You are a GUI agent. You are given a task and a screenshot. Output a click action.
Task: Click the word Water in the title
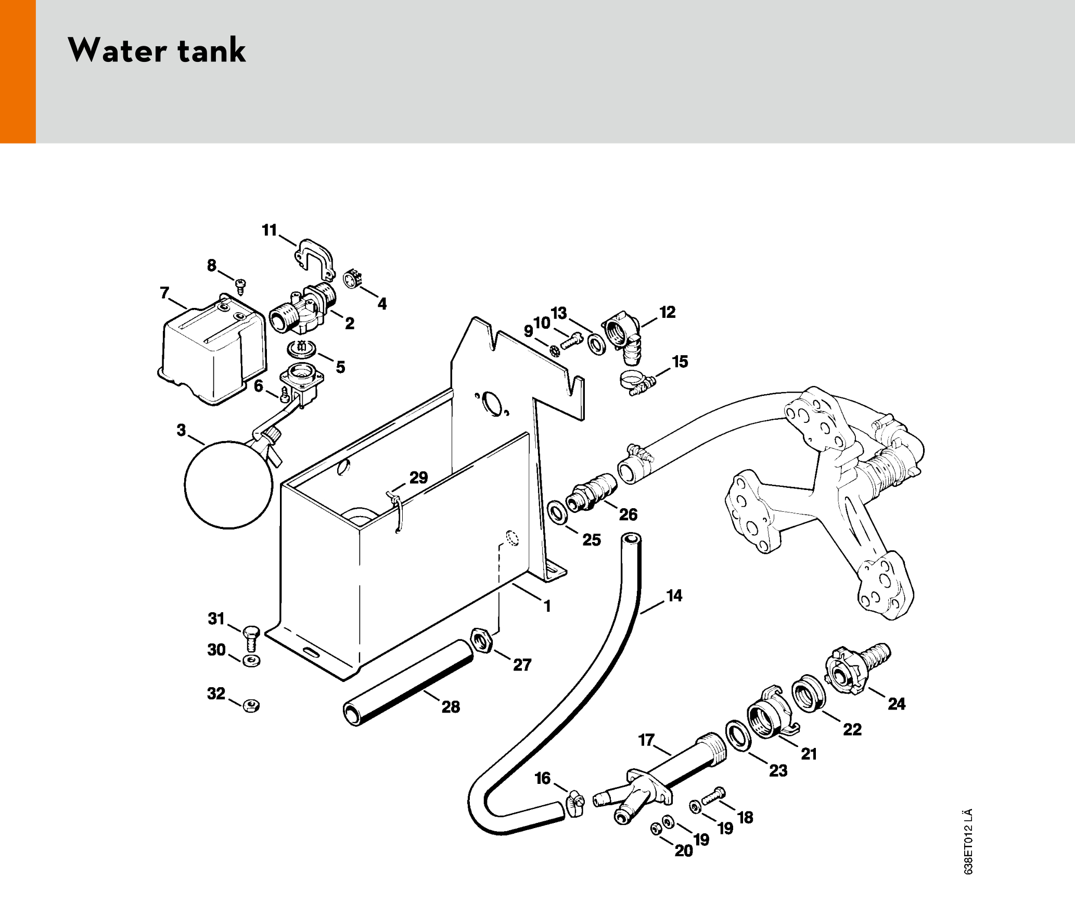point(117,50)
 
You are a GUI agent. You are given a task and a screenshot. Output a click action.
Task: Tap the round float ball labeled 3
point(228,485)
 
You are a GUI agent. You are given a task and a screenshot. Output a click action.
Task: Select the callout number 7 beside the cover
point(164,293)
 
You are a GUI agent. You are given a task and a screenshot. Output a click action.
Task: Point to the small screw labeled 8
point(240,285)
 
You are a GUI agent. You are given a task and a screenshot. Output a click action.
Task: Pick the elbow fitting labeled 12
point(621,336)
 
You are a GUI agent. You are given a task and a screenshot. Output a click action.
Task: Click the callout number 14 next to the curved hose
point(674,596)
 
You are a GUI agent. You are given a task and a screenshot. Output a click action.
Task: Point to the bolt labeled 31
point(251,638)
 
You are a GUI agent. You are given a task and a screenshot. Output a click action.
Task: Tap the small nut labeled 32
point(252,706)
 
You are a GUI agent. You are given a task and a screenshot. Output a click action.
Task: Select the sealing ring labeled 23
point(737,736)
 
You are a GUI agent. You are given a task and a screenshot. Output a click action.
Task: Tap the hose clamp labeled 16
point(575,803)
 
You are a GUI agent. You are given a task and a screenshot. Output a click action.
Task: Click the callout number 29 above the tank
point(418,478)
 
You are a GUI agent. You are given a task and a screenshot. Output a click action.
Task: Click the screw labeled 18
point(713,796)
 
